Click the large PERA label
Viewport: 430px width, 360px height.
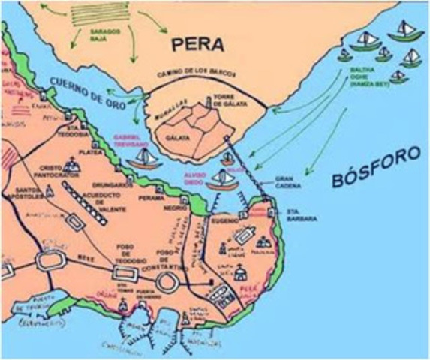[197, 44]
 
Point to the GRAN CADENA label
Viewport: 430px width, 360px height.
[289, 183]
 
